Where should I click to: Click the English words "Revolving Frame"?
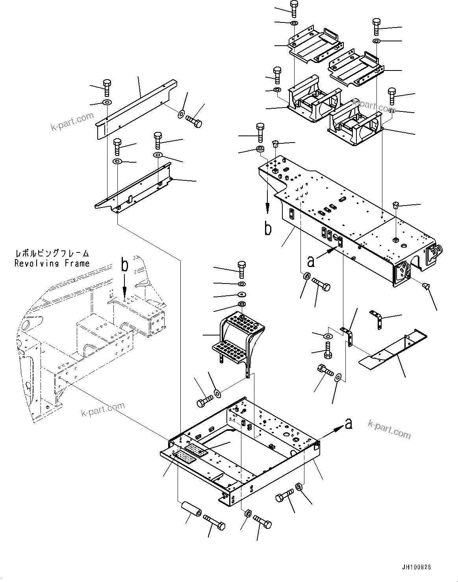pos(52,263)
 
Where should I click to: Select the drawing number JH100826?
pos(416,567)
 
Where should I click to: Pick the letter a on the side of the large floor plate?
pos(311,261)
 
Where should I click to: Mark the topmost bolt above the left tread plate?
pos(294,8)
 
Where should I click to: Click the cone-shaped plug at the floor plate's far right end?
pos(426,286)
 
